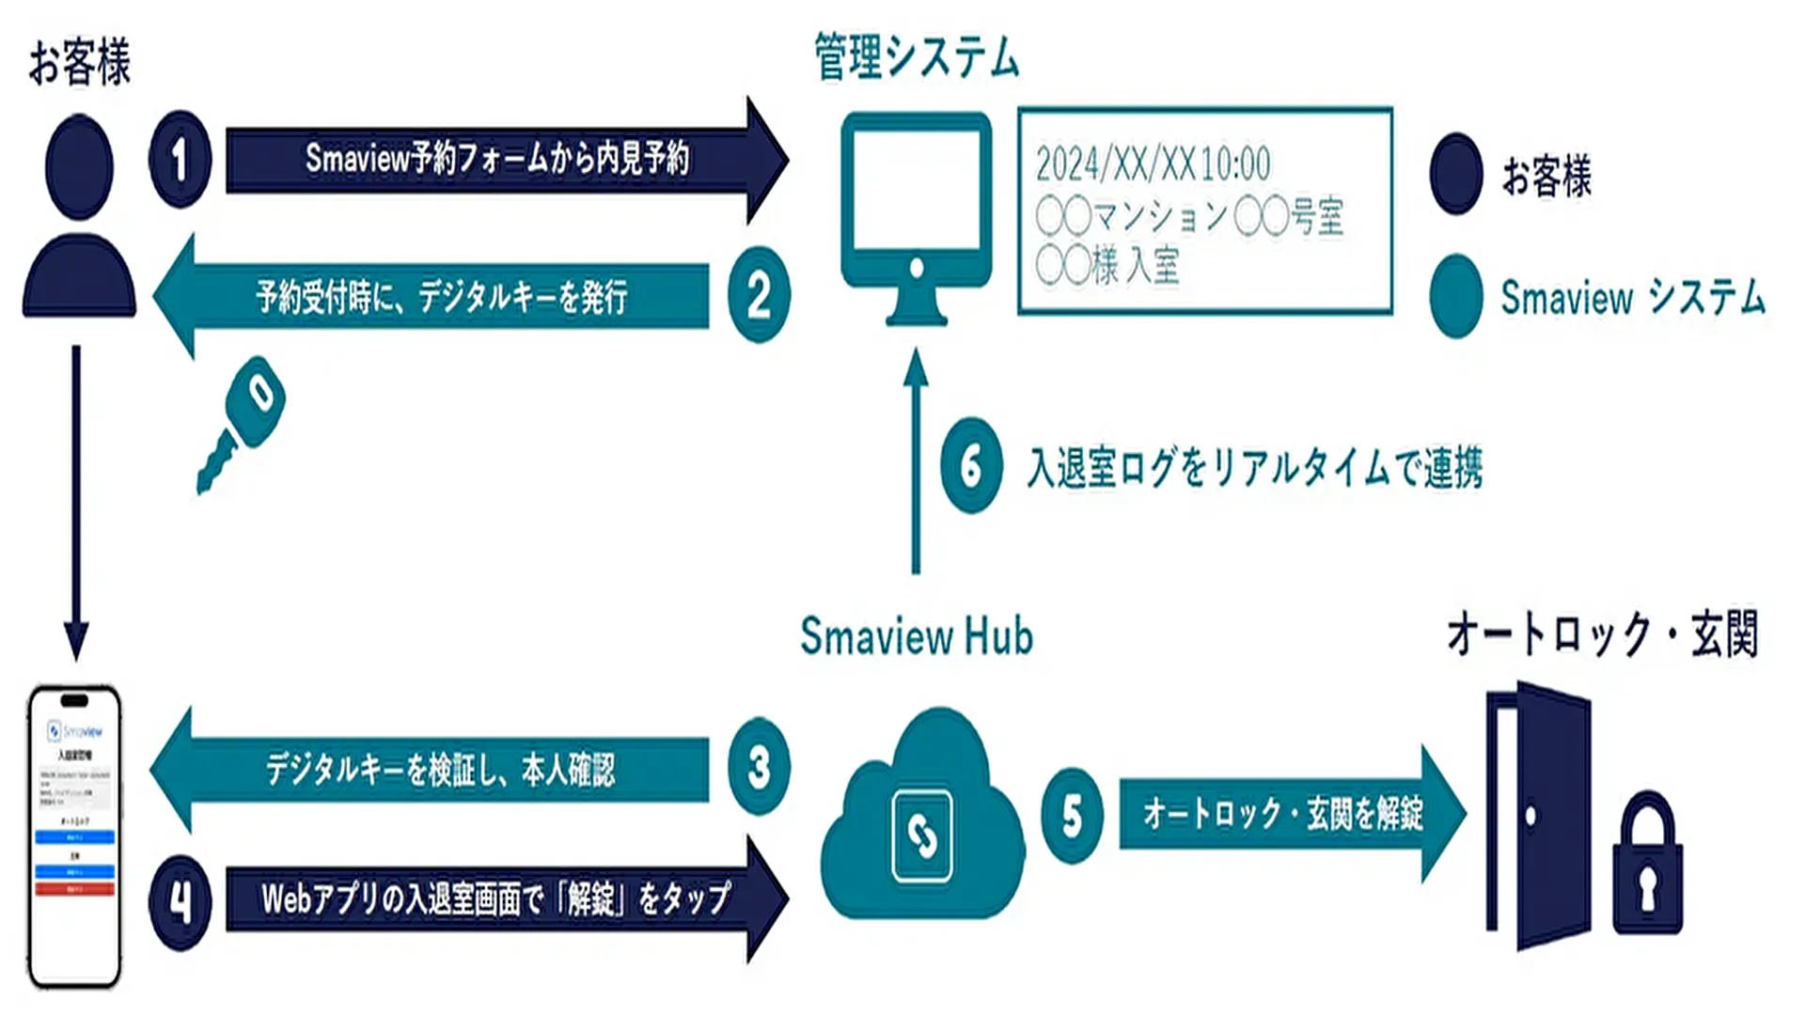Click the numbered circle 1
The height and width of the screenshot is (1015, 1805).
[x=180, y=159]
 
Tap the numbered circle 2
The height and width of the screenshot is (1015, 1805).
[x=759, y=295]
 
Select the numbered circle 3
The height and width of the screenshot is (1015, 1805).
[x=759, y=767]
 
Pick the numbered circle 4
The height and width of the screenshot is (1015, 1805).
[x=180, y=901]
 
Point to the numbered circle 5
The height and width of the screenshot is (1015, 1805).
[x=1072, y=815]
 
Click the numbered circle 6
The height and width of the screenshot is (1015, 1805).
[x=971, y=465]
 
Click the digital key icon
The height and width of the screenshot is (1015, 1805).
[x=242, y=422]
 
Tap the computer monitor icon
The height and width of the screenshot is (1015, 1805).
[x=916, y=216]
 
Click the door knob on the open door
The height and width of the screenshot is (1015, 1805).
[x=1530, y=816]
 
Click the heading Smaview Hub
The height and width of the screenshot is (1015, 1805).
[x=916, y=636]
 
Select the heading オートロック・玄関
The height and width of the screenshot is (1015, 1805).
[x=1602, y=634]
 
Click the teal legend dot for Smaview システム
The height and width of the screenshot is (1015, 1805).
[x=1455, y=296]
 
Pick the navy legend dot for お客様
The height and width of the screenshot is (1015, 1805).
[x=1455, y=174]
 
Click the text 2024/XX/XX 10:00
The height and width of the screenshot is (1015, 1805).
[x=1153, y=164]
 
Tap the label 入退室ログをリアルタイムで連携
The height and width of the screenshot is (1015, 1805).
[x=1255, y=467]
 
